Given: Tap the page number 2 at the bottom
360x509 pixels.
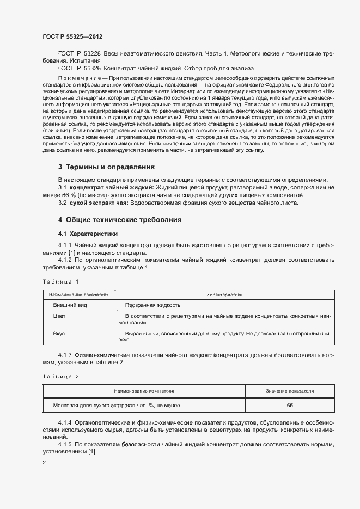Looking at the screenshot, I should (44, 463).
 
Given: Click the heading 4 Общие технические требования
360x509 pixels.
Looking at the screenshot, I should (120, 220).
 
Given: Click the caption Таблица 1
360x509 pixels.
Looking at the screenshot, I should (60, 281).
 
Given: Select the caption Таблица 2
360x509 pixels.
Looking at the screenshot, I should (60, 376).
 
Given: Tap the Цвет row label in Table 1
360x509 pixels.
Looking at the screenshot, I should (59, 316).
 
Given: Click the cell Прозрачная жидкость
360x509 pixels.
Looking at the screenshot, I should (152, 305).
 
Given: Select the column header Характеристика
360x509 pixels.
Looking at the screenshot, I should (225, 295).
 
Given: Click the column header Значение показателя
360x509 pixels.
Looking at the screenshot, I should (290, 391).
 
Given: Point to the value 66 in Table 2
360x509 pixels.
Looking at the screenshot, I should (290, 406).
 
